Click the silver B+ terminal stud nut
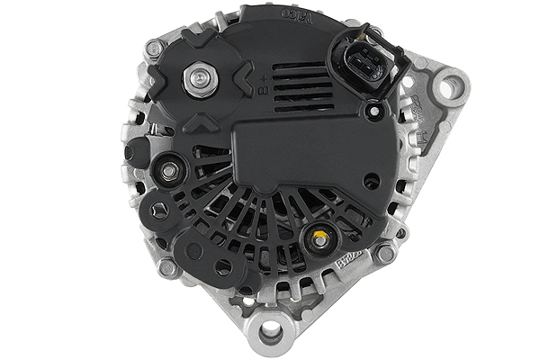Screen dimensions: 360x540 click(x=196, y=80)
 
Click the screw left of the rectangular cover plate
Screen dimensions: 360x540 click(x=169, y=167)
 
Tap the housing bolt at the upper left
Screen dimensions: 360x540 click(x=154, y=48)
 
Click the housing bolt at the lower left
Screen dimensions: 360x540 click(x=167, y=266)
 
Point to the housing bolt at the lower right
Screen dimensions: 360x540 click(x=386, y=253)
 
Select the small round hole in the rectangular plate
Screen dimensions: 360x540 click(x=370, y=180)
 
